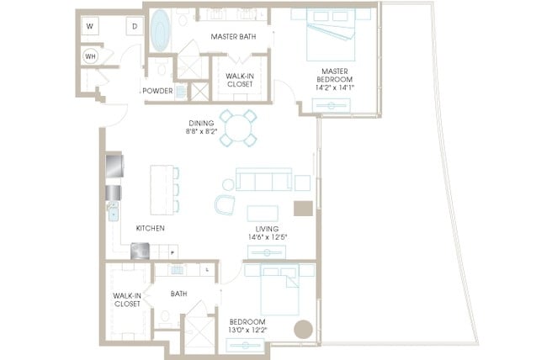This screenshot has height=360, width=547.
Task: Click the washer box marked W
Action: pyautogui.click(x=90, y=26)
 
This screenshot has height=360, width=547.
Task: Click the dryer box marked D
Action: pyautogui.click(x=135, y=26)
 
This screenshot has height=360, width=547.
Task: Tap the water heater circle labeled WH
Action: pyautogui.click(x=90, y=56)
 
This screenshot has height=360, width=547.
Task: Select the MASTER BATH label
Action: pyautogui.click(x=233, y=37)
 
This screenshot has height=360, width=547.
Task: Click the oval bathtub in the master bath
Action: pyautogui.click(x=161, y=30)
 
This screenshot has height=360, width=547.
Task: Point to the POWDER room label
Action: pyautogui.click(x=157, y=91)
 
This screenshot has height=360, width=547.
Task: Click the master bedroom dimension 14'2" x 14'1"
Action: pyautogui.click(x=335, y=87)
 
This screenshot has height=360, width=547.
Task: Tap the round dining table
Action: pyautogui.click(x=238, y=128)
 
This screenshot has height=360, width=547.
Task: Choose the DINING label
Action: pyautogui.click(x=201, y=123)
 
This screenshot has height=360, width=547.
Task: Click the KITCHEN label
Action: pyautogui.click(x=151, y=228)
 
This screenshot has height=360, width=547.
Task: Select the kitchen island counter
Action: pyautogui.click(x=162, y=190)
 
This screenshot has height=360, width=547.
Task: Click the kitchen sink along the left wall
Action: pyautogui.click(x=114, y=213)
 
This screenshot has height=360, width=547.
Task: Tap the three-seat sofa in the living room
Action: pyautogui.click(x=263, y=179)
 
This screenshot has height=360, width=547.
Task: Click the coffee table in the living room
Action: pyautogui.click(x=263, y=214)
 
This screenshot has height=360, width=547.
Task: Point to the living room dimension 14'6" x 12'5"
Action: pyautogui.click(x=268, y=237)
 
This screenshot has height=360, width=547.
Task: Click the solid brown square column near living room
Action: pyautogui.click(x=303, y=209)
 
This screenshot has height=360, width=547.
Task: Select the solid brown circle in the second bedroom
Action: pyautogui.click(x=303, y=330)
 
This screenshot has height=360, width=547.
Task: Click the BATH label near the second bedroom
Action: pyautogui.click(x=179, y=294)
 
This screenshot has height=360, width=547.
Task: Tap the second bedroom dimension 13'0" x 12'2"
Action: pyautogui.click(x=247, y=330)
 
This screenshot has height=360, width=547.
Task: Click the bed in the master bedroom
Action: pyautogui.click(x=331, y=34)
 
